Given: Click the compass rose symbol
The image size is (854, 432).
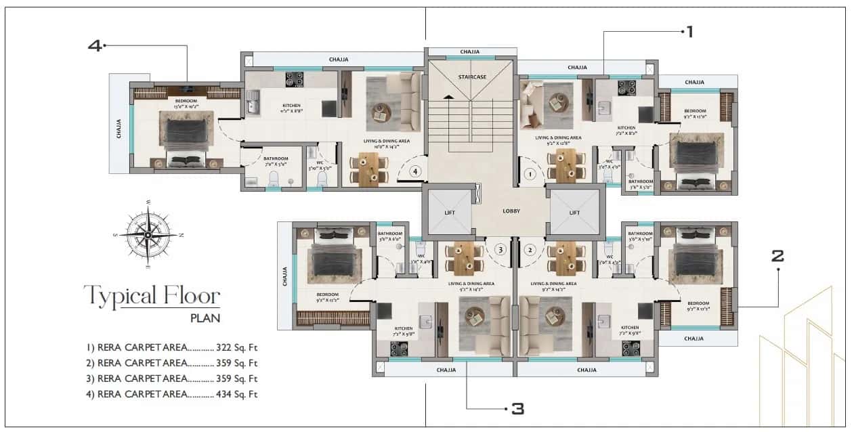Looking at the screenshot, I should point(148,234).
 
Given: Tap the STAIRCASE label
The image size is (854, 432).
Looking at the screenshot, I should point(471,77).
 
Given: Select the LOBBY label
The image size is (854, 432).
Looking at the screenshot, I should point(511,211).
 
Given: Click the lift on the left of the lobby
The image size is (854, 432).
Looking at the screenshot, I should point(448,211).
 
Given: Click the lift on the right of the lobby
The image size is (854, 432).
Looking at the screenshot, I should point(574,211).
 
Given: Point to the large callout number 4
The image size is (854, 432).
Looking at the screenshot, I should point(94,45).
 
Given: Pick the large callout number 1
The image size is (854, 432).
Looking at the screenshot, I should point(689,31).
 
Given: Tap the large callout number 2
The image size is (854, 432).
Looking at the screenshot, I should point(777,256).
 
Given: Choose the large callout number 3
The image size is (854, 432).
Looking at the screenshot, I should point(517,408).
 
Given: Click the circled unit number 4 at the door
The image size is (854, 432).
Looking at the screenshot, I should point(416,171).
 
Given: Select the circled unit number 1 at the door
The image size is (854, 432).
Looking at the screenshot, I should point(531,174).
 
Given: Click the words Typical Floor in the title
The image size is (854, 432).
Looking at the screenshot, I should point(152,296).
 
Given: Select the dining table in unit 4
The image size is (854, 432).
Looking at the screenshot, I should point(369,169).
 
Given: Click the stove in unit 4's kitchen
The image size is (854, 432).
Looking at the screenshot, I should point(294,79).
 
